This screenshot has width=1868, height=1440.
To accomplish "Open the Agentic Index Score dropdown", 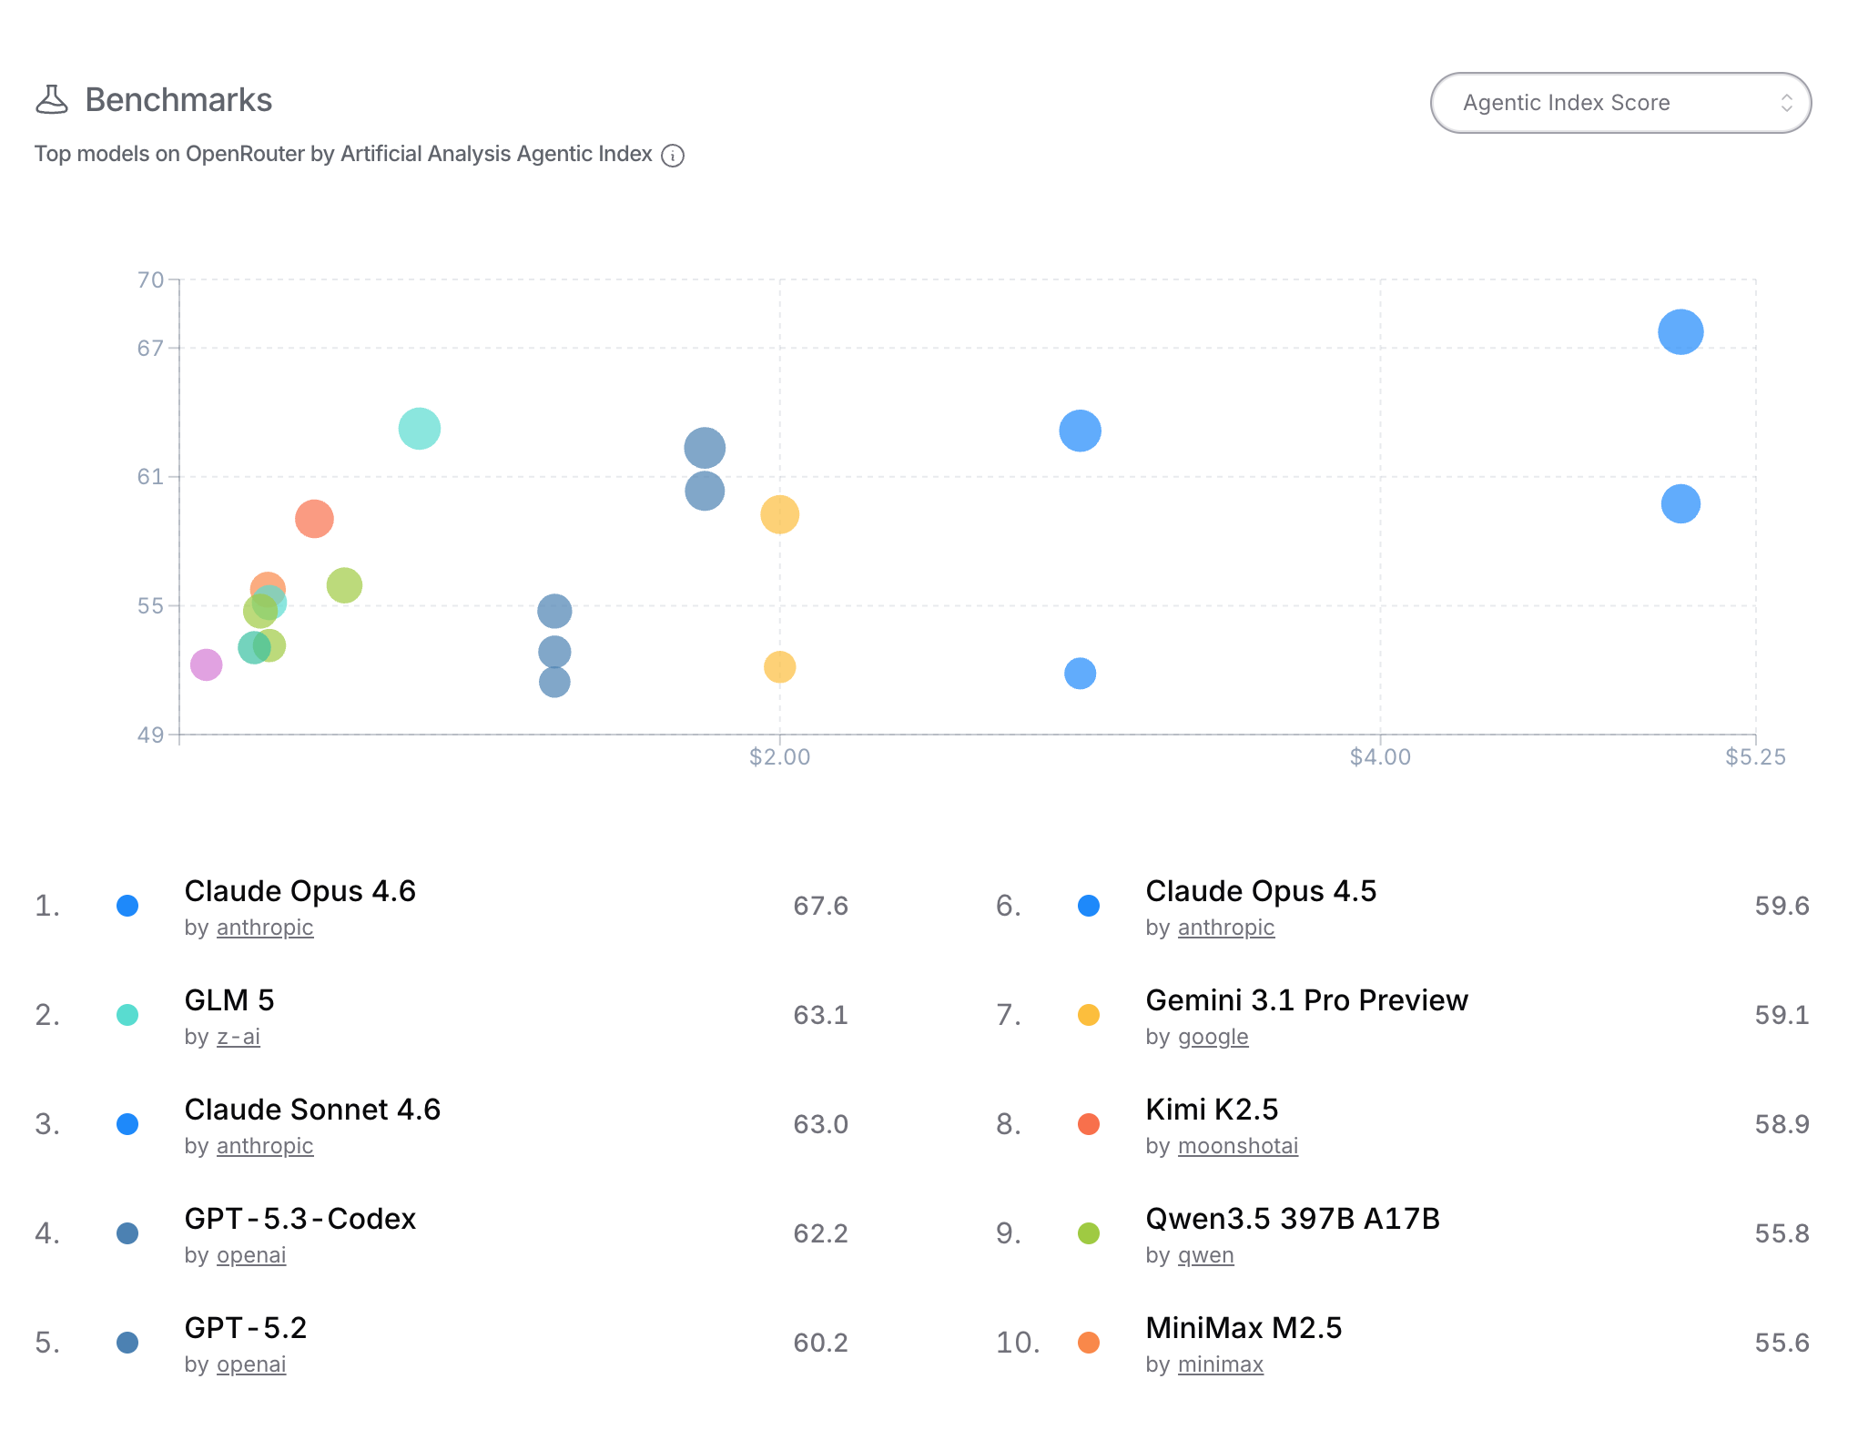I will click(1620, 103).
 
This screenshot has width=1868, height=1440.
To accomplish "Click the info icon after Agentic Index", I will click(673, 156).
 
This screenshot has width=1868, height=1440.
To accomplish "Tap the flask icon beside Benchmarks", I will click(52, 100).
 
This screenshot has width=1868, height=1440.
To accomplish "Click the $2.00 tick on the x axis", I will click(779, 756).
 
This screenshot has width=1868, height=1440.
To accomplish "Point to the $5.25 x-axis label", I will click(1755, 756).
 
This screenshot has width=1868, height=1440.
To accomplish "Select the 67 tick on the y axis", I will click(151, 348).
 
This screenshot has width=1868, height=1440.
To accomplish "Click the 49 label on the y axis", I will click(151, 735).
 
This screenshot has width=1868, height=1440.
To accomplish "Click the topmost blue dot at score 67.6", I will click(1680, 331).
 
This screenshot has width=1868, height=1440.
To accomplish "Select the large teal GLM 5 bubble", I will click(419, 429).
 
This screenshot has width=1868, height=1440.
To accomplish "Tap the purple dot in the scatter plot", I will click(206, 664).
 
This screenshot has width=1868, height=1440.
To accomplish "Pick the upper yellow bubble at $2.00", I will click(779, 514).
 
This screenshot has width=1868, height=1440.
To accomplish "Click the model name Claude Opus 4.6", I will click(299, 891).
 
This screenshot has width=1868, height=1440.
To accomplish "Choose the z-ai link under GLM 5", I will click(239, 1037).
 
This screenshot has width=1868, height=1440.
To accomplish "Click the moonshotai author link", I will click(1237, 1146).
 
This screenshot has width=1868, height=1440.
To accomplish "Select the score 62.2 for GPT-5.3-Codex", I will click(820, 1233).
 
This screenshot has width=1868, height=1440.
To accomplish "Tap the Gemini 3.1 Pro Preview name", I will click(1306, 1000).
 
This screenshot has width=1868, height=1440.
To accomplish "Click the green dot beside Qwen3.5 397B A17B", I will click(1088, 1233).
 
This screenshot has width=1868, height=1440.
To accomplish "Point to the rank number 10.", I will click(1018, 1343).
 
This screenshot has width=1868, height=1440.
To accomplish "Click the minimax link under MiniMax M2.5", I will click(1220, 1364).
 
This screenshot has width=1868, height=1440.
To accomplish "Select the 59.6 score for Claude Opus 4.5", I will click(1782, 906).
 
